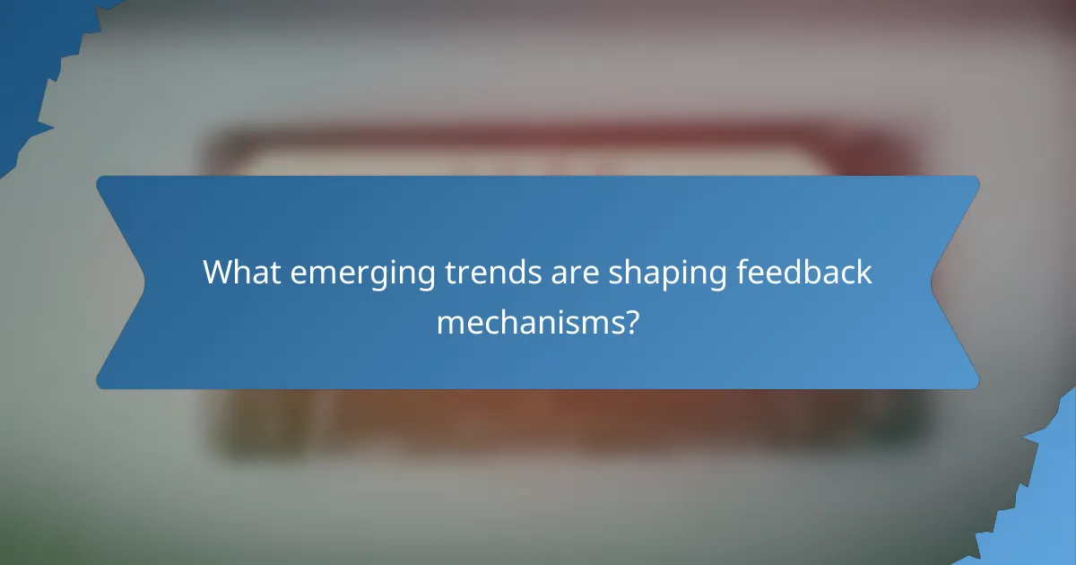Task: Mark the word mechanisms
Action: pos(529,322)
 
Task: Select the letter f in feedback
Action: pos(742,272)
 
